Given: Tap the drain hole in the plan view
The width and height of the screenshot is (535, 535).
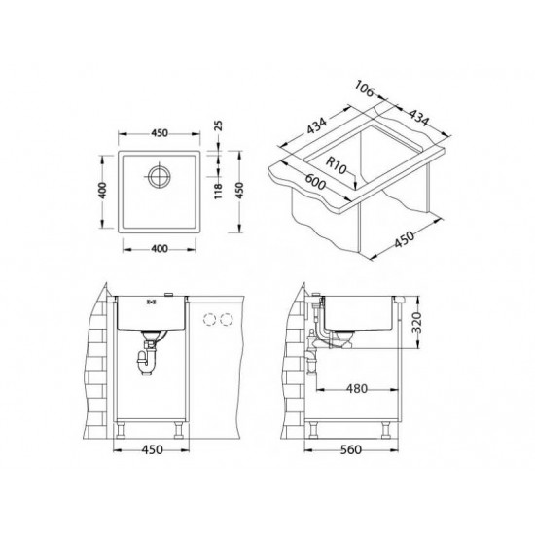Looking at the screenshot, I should coord(159,177).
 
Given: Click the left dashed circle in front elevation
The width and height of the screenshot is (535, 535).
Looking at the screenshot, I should coord(208,320).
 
